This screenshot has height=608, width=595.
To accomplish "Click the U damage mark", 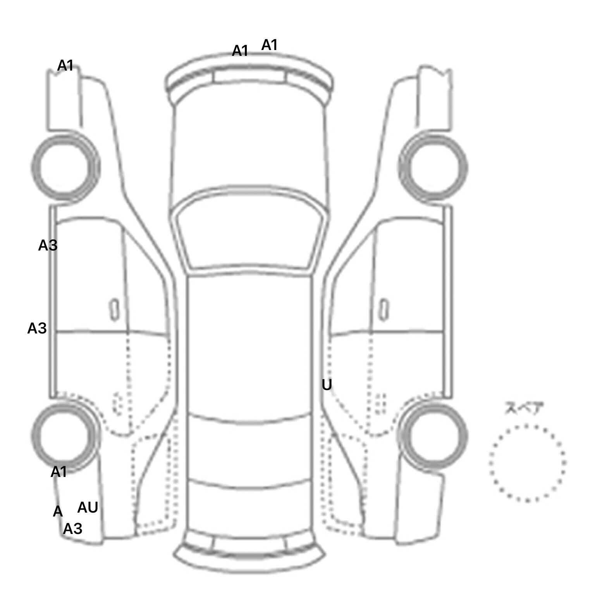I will (327, 385).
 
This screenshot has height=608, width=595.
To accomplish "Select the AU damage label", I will (88, 508).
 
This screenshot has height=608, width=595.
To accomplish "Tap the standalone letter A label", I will (58, 512).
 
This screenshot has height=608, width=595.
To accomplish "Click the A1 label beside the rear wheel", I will (59, 472).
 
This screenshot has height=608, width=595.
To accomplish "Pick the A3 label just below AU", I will (73, 529).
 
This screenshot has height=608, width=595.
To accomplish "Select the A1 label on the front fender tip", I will (65, 66).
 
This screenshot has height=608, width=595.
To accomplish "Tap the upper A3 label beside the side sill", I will (48, 245).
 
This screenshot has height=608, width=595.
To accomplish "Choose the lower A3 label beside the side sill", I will (37, 328).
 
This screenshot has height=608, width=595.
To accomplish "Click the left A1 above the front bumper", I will (240, 51).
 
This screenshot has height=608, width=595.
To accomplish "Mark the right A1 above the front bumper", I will (270, 45).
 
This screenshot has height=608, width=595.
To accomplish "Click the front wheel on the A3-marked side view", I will (65, 167).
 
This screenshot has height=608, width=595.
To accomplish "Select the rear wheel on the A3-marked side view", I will (65, 435).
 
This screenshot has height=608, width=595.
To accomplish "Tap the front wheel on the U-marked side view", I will (433, 167).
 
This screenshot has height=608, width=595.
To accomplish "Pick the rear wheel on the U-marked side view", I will (433, 435).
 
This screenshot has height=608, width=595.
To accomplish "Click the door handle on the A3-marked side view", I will (114, 310).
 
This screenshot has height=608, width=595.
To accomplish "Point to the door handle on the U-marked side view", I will (383, 310).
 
